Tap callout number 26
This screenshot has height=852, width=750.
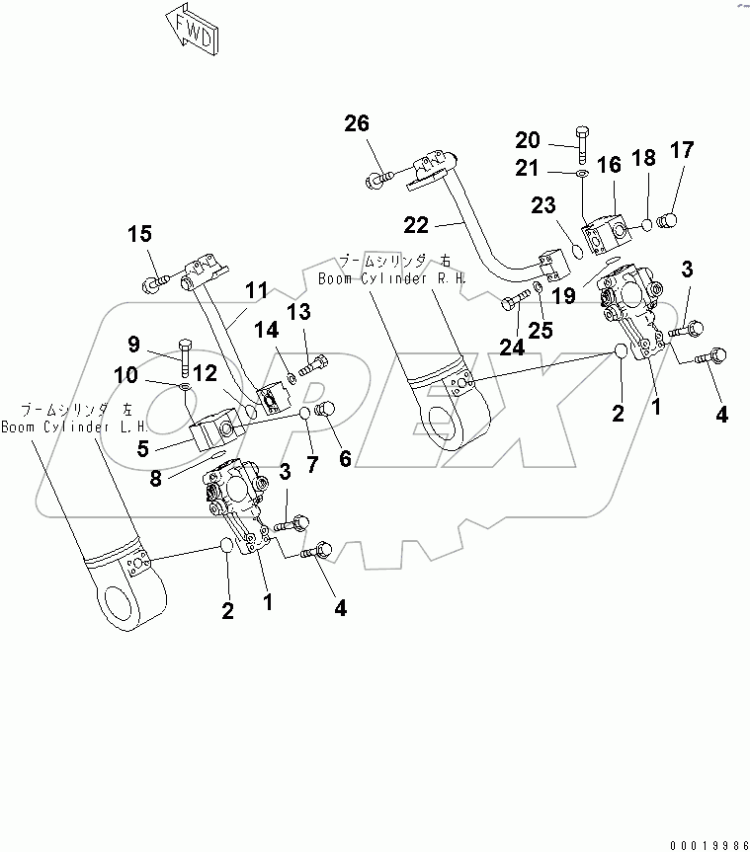point(356,124)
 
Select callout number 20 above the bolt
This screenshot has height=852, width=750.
point(528,139)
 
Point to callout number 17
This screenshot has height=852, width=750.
point(681,150)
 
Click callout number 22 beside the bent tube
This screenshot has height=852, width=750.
point(416,225)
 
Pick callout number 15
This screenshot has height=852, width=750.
point(139,234)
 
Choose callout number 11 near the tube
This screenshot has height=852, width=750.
point(257,291)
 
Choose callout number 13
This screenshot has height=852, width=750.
point(298,313)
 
